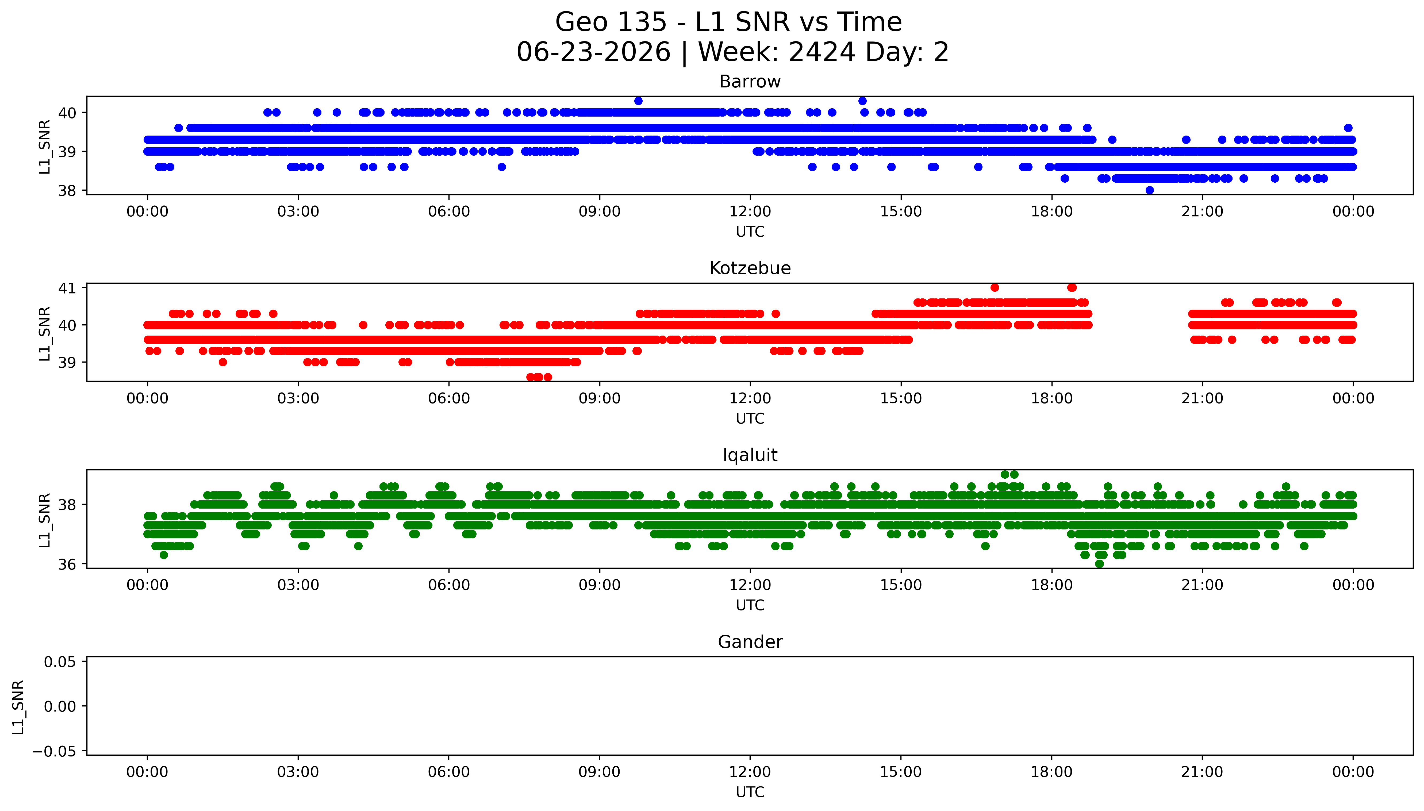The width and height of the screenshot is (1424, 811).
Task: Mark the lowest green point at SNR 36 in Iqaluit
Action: (x=1099, y=564)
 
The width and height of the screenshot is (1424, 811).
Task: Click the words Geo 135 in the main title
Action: (x=611, y=22)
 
